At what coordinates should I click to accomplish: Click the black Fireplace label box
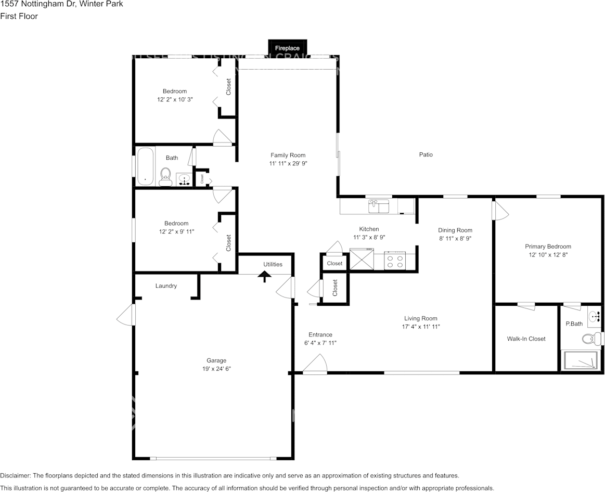click(x=287, y=48)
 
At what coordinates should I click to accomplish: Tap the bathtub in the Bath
click(x=145, y=166)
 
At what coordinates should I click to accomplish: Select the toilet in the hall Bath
click(x=165, y=176)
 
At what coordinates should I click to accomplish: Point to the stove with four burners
click(x=395, y=261)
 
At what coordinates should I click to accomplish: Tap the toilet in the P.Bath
click(x=590, y=339)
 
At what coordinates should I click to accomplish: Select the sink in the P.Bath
click(x=594, y=316)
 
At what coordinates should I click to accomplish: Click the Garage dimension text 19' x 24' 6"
click(x=216, y=368)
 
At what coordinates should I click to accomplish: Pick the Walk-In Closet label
click(x=526, y=339)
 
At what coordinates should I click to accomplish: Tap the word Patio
click(x=426, y=154)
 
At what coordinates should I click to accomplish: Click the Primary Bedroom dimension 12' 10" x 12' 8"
click(x=548, y=255)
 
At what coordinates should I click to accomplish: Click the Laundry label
click(x=166, y=286)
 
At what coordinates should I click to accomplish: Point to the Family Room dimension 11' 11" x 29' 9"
click(x=288, y=163)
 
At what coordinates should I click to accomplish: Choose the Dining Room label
click(x=455, y=230)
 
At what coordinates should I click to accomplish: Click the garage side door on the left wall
click(x=126, y=314)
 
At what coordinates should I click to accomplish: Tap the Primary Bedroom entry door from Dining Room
click(x=500, y=211)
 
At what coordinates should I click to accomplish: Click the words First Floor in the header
click(x=19, y=16)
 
